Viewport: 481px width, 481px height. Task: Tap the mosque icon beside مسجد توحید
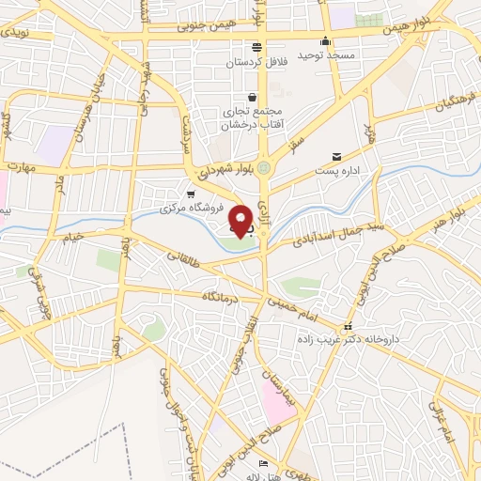click(325, 41)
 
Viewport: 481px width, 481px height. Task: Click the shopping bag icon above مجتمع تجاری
click(252, 97)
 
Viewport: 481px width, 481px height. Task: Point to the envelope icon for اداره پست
click(336, 157)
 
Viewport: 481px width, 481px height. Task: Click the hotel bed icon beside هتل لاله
click(263, 464)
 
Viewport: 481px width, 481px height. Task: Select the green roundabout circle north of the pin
click(265, 168)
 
